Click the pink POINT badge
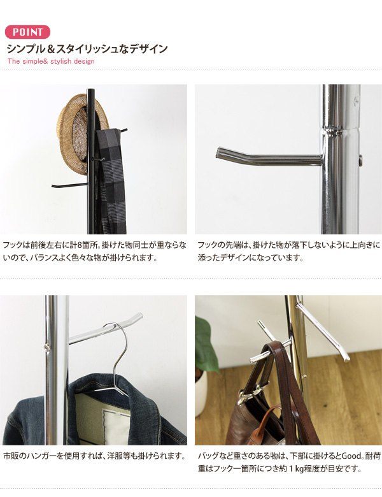click(27, 32)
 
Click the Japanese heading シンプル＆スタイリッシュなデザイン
click(87, 49)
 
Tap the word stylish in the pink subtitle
click(61, 61)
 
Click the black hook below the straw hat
click(69, 185)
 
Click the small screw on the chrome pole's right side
click(360, 161)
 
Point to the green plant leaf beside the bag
click(205, 345)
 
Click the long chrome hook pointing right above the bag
click(323, 331)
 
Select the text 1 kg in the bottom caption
click(296, 468)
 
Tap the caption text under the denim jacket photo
click(94, 456)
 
